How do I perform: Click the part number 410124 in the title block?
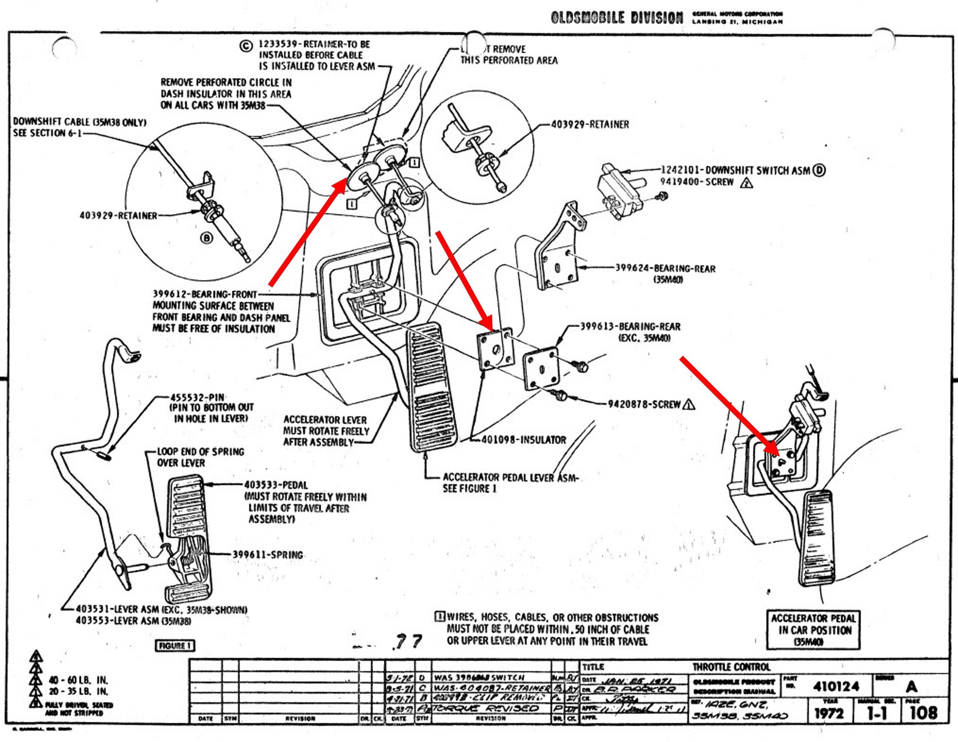click(x=836, y=686)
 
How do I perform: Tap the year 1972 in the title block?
click(x=829, y=713)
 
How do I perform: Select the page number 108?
click(x=923, y=713)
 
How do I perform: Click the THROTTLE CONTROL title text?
click(x=731, y=667)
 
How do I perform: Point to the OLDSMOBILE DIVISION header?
click(x=617, y=18)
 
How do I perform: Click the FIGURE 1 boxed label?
click(x=175, y=646)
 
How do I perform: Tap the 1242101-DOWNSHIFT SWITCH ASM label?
click(x=735, y=170)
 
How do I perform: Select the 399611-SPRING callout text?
click(x=268, y=555)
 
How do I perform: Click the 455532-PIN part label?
click(x=198, y=398)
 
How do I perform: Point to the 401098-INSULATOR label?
click(x=524, y=440)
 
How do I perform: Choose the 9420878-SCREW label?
click(x=644, y=404)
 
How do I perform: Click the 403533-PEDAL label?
click(x=276, y=485)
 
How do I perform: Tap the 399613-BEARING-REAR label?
click(x=630, y=327)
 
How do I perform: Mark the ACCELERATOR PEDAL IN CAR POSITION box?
click(x=813, y=630)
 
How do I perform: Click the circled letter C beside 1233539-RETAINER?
click(x=246, y=46)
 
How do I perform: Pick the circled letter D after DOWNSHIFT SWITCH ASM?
click(x=820, y=170)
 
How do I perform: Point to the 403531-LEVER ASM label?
click(x=161, y=610)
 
